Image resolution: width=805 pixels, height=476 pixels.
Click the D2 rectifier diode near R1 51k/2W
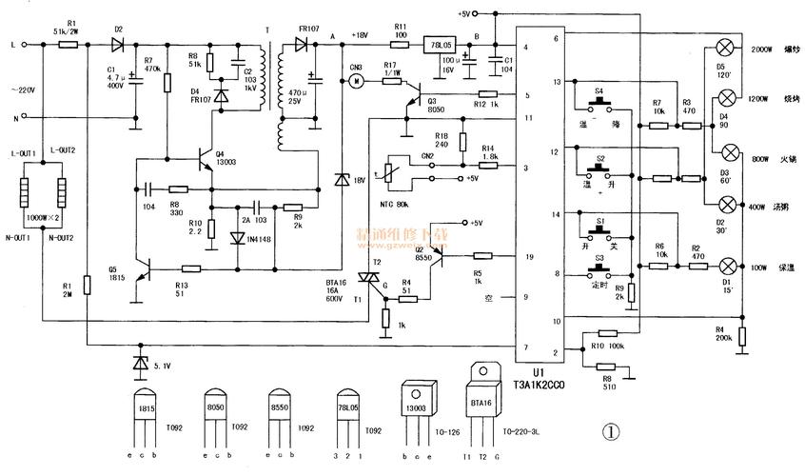coord(118,44)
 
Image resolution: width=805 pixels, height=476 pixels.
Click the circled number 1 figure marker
coord(611,430)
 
